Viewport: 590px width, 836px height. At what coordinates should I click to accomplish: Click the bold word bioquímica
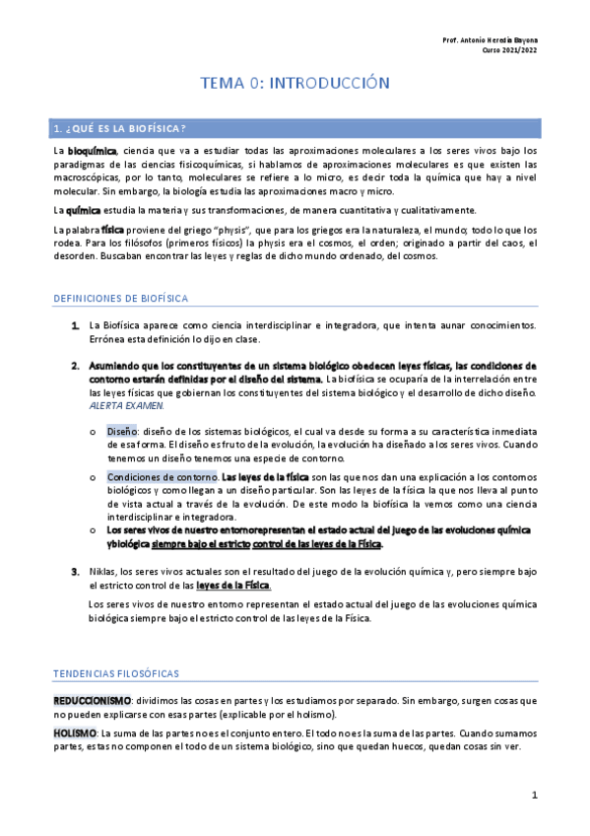click(x=92, y=150)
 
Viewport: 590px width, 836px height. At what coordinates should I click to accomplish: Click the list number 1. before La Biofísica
click(x=75, y=325)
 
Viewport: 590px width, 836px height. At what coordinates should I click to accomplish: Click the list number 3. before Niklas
click(x=75, y=572)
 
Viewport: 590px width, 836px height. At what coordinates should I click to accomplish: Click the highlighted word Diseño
click(x=122, y=431)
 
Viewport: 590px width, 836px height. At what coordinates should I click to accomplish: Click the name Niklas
click(x=103, y=572)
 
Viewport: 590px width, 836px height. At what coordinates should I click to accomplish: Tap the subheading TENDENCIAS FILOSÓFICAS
click(x=115, y=673)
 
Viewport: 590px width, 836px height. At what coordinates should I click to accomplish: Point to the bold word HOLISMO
click(x=75, y=733)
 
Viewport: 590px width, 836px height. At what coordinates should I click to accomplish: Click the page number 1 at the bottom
click(x=533, y=795)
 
